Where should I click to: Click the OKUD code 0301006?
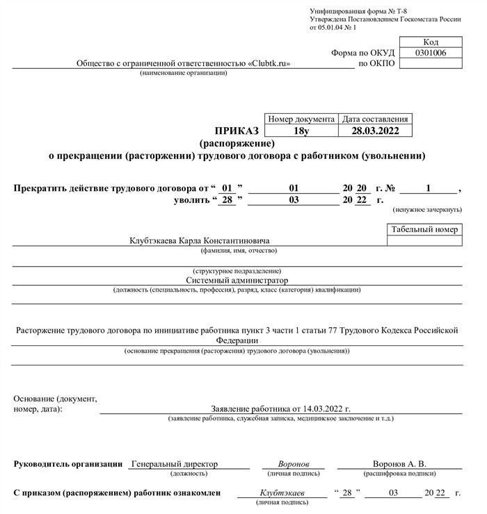click(x=431, y=53)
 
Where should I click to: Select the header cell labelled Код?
click(x=431, y=42)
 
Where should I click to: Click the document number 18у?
click(x=301, y=131)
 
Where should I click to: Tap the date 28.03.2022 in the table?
click(x=374, y=131)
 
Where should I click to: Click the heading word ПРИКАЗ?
click(x=237, y=131)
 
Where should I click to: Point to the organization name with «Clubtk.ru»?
click(x=183, y=64)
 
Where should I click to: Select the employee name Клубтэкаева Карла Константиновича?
click(x=199, y=240)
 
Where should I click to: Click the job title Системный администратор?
click(x=237, y=280)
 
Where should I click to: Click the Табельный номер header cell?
click(x=424, y=229)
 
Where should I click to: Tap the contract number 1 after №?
click(x=429, y=188)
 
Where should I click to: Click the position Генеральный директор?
click(x=174, y=463)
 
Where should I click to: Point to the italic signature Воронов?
click(x=293, y=463)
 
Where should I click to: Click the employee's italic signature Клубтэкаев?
click(x=282, y=492)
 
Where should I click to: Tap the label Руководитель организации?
click(x=68, y=463)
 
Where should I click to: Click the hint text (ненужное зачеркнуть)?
click(x=427, y=209)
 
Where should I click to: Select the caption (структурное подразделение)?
click(x=237, y=270)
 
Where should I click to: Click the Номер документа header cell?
click(x=301, y=119)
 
